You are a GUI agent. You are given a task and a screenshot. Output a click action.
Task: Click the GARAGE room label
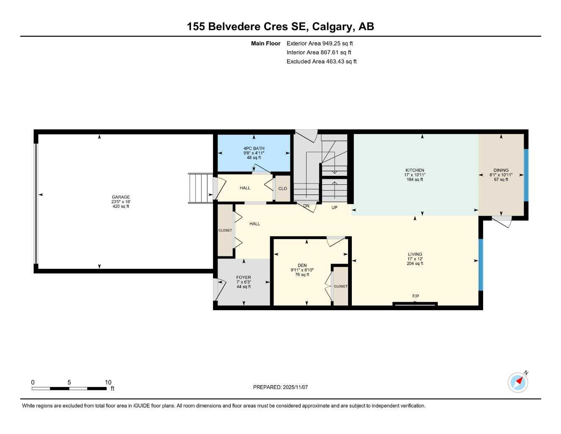[x=121, y=197]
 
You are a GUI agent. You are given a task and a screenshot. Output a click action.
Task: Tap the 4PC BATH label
[x=254, y=148]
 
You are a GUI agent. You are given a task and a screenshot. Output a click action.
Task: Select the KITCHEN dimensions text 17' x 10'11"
[x=414, y=175]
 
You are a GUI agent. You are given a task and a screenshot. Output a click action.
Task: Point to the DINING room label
[x=501, y=170]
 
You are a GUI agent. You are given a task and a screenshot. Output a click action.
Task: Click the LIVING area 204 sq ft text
[x=415, y=264]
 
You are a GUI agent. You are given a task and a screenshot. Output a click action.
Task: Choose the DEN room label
[x=302, y=265]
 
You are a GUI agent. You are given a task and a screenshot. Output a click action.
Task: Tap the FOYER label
[x=243, y=278]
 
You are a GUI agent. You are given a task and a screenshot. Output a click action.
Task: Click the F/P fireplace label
[x=415, y=296]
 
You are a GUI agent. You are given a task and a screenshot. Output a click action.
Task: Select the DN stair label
[x=306, y=206]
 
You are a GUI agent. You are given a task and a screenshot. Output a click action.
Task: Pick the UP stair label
[x=334, y=208]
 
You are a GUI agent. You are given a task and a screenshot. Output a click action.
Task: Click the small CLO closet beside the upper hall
[x=282, y=189]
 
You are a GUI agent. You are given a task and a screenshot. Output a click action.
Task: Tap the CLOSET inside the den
[x=340, y=286]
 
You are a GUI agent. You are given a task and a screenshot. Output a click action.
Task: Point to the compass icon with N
[x=518, y=382]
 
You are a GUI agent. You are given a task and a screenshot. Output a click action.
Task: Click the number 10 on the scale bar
[x=108, y=382]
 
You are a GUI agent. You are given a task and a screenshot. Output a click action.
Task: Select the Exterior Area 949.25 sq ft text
[x=320, y=43]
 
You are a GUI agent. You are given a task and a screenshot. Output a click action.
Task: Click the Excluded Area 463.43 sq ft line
[x=321, y=61]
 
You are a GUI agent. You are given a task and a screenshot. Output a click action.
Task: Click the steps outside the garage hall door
[x=200, y=188]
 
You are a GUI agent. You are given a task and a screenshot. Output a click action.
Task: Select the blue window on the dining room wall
[x=526, y=175]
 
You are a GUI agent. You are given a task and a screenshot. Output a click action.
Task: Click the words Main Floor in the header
[x=265, y=43]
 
